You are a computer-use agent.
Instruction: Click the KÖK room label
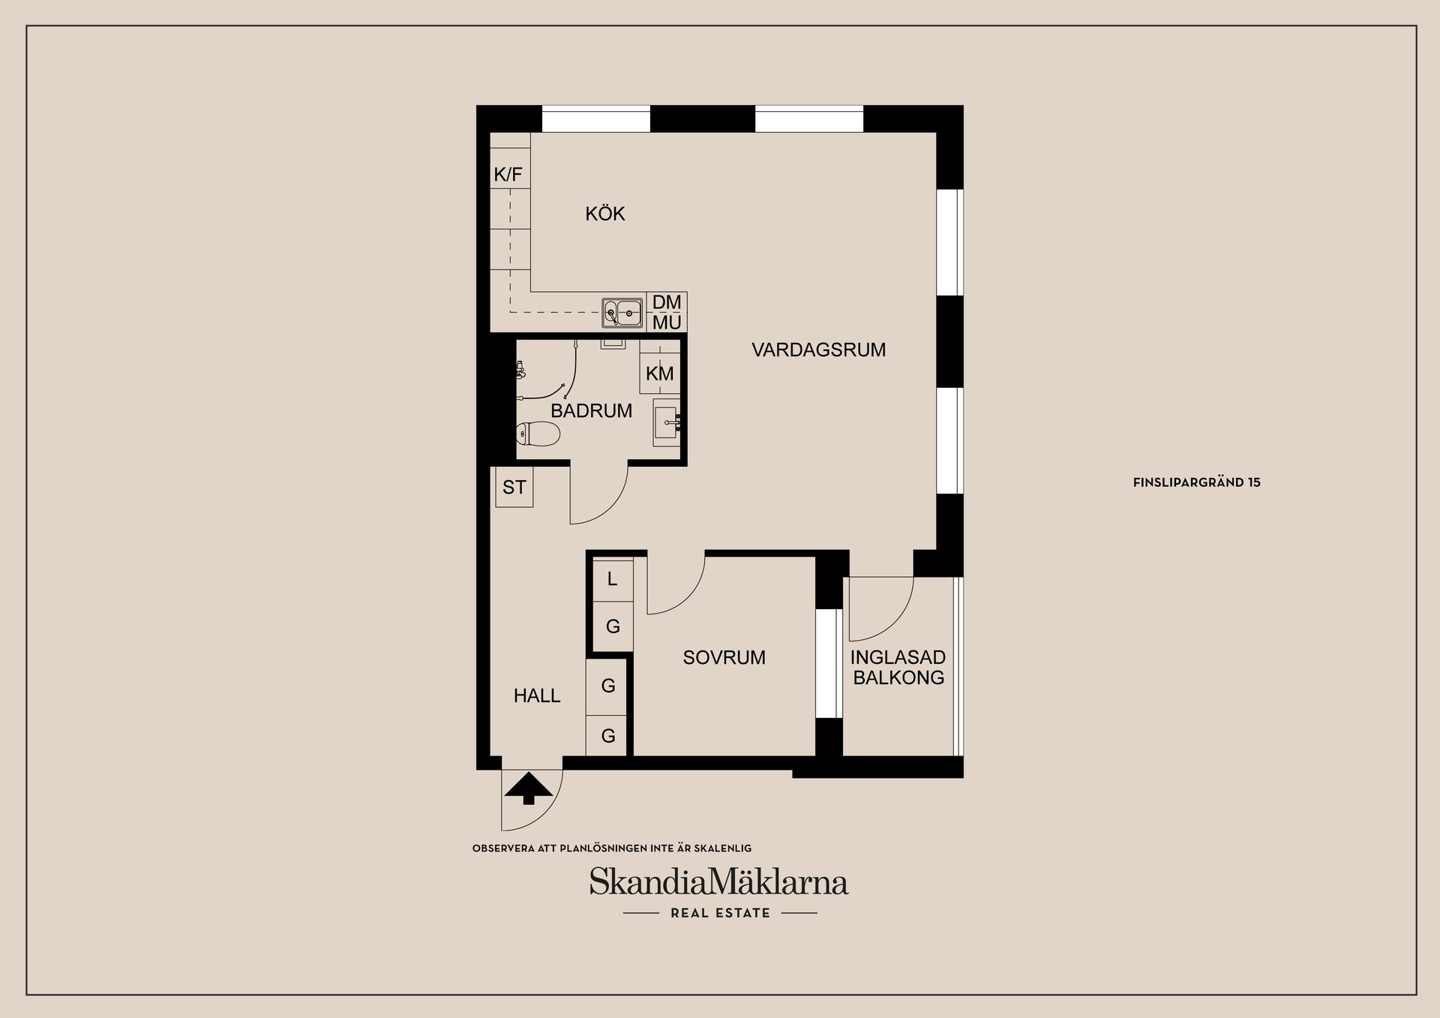coord(605,214)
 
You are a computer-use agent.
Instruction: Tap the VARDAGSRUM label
coord(819,350)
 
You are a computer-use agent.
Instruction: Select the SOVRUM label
coord(724,657)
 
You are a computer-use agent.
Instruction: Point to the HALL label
coord(537,695)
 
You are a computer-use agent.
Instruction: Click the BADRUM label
coord(591,410)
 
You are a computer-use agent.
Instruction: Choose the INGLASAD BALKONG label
coord(898,667)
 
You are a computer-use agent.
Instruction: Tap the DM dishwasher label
coord(667,302)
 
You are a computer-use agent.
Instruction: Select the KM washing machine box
coord(660,374)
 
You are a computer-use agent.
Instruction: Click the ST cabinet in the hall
coord(514,487)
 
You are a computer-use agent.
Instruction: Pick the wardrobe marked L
coord(613,578)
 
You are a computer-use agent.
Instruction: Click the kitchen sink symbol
coord(623,313)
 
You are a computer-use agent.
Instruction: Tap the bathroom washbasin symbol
coord(667,422)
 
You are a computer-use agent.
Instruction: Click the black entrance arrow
coord(529,788)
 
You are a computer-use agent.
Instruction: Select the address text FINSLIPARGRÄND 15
coord(1197,482)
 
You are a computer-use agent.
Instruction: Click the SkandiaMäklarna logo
coord(718,881)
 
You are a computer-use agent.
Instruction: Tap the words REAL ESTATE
coord(720,913)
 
